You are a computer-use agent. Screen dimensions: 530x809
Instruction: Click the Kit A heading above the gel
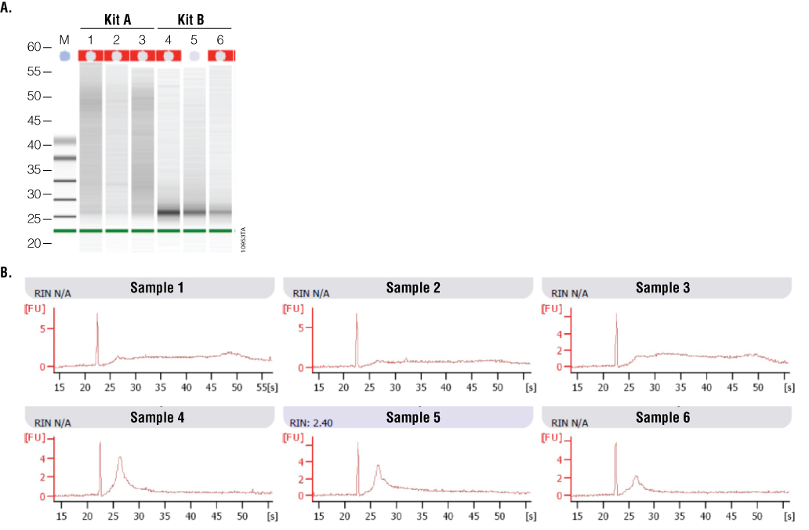tap(117, 20)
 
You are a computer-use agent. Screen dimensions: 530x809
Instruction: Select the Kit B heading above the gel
tap(194, 20)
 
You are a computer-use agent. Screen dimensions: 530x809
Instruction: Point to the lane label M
tap(65, 39)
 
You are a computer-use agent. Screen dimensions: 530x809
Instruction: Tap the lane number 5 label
tap(194, 39)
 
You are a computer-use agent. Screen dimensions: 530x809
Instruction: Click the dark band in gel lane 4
tap(169, 212)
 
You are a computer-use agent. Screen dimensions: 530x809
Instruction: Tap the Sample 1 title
tap(158, 288)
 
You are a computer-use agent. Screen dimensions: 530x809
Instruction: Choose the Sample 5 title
tap(413, 417)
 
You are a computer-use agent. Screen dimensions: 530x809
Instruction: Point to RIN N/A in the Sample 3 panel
tap(570, 293)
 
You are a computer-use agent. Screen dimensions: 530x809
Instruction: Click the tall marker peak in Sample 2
tap(357, 315)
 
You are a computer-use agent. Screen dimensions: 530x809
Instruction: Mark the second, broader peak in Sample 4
tap(120, 459)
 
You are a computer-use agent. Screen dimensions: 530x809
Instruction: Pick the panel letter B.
tap(7, 273)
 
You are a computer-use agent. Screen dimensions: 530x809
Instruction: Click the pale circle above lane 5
tap(194, 56)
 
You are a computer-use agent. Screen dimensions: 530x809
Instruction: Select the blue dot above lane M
tap(65, 56)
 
